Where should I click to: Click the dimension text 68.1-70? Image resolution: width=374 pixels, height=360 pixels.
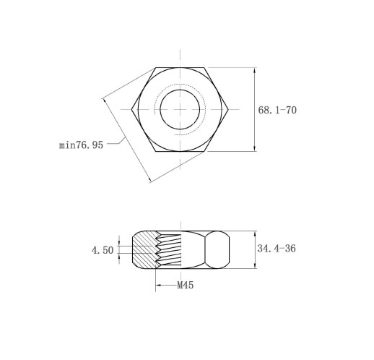pyautogui.click(x=277, y=110)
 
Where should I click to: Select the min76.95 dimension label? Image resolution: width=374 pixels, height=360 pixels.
pyautogui.click(x=81, y=145)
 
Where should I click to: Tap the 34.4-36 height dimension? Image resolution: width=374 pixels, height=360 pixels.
pyautogui.click(x=277, y=249)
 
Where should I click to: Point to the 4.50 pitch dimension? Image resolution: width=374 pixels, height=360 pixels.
pyautogui.click(x=103, y=250)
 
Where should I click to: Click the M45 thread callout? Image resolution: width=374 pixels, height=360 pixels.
pyautogui.click(x=185, y=286)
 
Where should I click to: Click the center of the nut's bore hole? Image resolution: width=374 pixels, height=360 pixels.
pyautogui.click(x=180, y=109)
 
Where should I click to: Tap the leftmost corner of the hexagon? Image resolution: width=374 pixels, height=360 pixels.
pyautogui.click(x=131, y=109)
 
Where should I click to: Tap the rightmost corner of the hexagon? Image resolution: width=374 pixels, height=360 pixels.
pyautogui.click(x=228, y=109)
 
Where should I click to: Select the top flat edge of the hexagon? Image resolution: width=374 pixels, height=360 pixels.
pyautogui.click(x=180, y=68)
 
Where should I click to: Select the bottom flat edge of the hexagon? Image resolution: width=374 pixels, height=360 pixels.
pyautogui.click(x=180, y=151)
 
